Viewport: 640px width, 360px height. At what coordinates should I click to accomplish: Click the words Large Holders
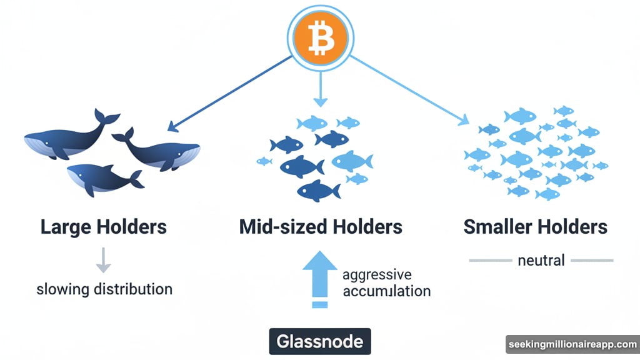104,226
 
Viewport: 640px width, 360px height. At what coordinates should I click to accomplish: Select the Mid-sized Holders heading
321,226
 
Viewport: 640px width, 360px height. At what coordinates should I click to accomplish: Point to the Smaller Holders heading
536,226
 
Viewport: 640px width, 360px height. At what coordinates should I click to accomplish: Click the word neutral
541,260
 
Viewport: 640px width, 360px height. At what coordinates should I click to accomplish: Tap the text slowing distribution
104,289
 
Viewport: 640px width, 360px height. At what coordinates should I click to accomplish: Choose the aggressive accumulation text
386,283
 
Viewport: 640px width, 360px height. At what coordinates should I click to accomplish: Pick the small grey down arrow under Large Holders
104,261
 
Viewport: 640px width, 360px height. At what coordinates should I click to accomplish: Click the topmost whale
69,137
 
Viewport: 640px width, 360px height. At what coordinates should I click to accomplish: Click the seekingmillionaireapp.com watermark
572,345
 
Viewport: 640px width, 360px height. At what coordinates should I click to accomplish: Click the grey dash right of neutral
592,260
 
